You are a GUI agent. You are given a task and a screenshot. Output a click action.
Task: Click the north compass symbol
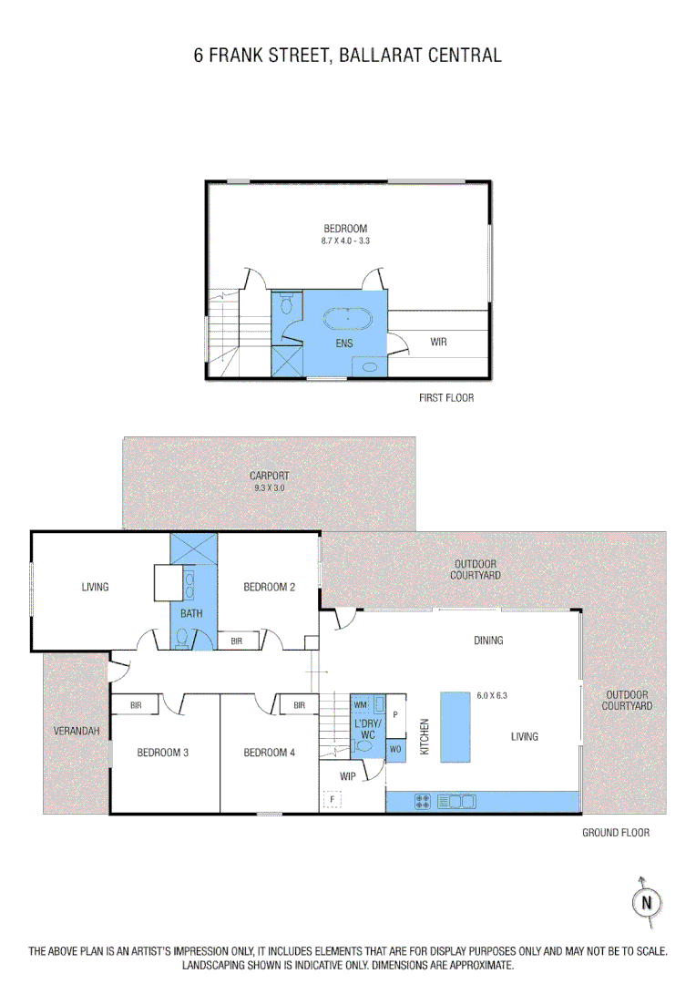[x=646, y=902]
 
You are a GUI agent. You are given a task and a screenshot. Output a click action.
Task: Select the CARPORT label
[x=270, y=476]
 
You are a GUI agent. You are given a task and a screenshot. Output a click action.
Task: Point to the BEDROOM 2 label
[x=270, y=588]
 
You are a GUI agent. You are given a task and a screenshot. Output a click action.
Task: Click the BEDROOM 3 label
[x=163, y=753]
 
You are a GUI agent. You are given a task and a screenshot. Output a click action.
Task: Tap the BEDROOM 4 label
[x=270, y=753]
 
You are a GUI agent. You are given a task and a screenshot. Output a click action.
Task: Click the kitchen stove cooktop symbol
[x=424, y=802]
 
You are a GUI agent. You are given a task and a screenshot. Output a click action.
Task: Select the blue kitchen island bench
[x=455, y=726]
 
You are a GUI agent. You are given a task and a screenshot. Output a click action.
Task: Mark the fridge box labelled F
[x=333, y=800]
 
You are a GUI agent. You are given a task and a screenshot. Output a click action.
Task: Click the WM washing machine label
[x=360, y=704]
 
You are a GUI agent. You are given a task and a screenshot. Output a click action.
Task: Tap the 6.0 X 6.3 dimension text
[x=491, y=696]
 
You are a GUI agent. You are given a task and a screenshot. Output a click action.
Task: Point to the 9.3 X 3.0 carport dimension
[x=270, y=488]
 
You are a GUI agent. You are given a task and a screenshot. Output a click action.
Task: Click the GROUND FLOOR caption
[x=616, y=833]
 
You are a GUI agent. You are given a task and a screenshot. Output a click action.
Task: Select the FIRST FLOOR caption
[x=446, y=398]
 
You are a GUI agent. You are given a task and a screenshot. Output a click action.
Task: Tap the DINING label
[x=488, y=641]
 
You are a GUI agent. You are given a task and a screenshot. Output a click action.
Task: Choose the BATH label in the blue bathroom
[x=191, y=614]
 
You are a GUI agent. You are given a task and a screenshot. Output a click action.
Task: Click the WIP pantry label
[x=347, y=776]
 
